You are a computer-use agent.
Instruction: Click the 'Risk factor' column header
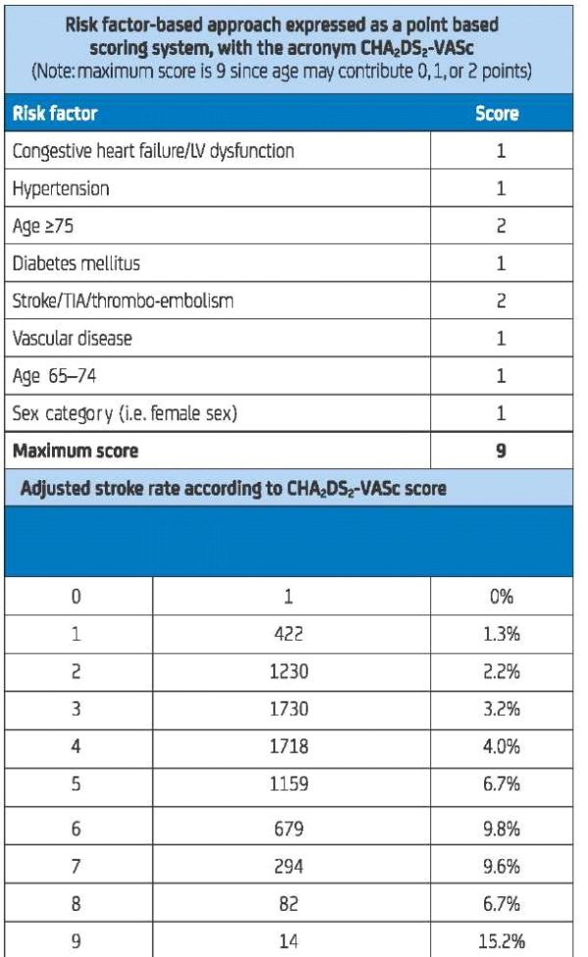pos(55,114)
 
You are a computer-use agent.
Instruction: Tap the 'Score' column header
pos(496,114)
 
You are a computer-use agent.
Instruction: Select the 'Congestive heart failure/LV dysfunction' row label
pos(153,152)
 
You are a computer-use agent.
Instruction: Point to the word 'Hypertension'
pos(60,189)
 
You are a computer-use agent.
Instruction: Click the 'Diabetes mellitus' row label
pos(75,263)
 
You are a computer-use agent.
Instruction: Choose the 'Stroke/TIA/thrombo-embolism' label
pos(122,301)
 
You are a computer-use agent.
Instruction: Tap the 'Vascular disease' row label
pos(72,338)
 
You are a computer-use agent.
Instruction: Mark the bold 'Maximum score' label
pos(75,451)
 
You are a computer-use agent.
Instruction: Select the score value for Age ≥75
pos(501,226)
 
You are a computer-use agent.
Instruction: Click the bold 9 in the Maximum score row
pos(501,451)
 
